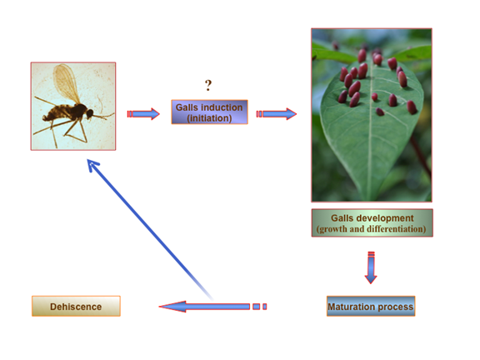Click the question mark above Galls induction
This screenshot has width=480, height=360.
[x=208, y=85]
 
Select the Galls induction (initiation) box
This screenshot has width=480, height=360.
[x=209, y=112]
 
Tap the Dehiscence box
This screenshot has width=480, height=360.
[x=76, y=306]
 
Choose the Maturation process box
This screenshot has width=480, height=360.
[x=371, y=306]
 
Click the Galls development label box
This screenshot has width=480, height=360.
[x=372, y=222]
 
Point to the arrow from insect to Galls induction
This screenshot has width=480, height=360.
[x=143, y=114]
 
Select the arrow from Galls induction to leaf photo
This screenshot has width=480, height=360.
[x=276, y=114]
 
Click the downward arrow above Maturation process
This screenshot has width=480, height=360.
[x=371, y=267]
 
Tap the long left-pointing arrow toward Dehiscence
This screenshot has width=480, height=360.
[x=212, y=307]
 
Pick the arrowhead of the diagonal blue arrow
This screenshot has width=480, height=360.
[x=92, y=165]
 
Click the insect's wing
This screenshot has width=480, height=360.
[x=66, y=82]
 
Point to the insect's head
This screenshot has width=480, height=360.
[x=90, y=114]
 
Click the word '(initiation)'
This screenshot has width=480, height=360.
[x=209, y=118]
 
